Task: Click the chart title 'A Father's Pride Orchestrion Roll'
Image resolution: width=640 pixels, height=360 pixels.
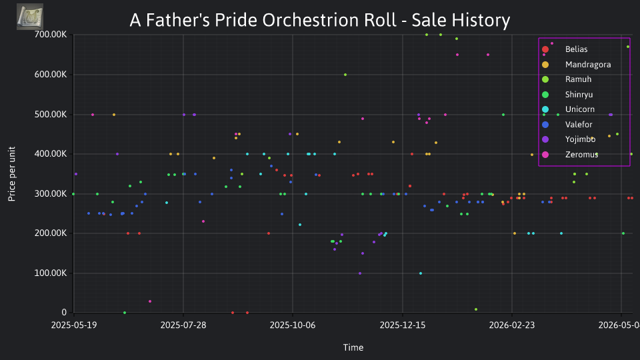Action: coord(263,20)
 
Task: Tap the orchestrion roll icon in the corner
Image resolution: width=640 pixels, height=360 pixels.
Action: coord(30,17)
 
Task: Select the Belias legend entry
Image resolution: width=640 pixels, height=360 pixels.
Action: coord(576,49)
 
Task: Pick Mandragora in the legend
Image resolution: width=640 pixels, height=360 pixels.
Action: coord(588,65)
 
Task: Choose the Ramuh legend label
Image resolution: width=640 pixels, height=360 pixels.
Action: coord(578,79)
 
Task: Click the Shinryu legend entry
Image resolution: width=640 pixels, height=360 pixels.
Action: coord(579,95)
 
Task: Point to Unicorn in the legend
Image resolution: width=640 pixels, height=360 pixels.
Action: coord(579,109)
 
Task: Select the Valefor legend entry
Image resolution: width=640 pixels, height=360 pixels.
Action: coord(579,125)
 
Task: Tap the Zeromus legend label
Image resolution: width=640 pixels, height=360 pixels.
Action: coord(581,155)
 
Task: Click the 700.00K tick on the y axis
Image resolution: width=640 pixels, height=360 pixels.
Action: coord(51,34)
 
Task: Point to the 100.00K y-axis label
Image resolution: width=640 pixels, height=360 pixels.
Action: coord(51,273)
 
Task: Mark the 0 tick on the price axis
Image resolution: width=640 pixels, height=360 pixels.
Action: coord(64,312)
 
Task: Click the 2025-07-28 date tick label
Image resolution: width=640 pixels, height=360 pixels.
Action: coord(183,325)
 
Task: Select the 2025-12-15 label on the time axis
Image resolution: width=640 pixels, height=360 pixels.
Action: coord(403,325)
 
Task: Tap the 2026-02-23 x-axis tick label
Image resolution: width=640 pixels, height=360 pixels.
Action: coord(512,325)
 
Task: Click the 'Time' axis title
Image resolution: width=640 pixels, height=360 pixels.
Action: coord(353,347)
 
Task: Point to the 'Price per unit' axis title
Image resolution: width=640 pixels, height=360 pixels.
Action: coord(11,174)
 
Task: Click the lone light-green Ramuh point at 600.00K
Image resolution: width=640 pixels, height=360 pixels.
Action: coord(345,75)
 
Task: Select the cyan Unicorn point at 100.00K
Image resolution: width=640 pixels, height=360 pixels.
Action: coord(421,273)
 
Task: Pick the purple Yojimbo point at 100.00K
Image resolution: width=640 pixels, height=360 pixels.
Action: coord(360,273)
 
